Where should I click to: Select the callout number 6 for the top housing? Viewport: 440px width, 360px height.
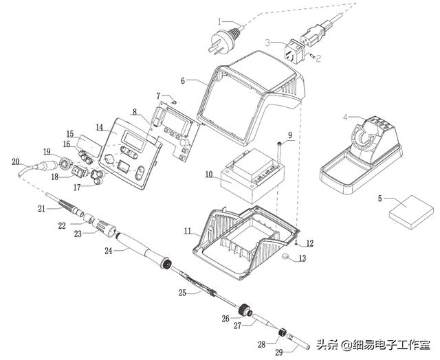(x=184, y=80)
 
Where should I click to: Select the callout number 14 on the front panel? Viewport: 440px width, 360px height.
(x=99, y=127)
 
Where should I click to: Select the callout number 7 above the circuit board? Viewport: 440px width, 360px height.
(x=157, y=95)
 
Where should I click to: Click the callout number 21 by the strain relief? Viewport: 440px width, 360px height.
(x=41, y=207)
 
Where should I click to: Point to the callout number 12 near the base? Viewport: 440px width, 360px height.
(x=309, y=243)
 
